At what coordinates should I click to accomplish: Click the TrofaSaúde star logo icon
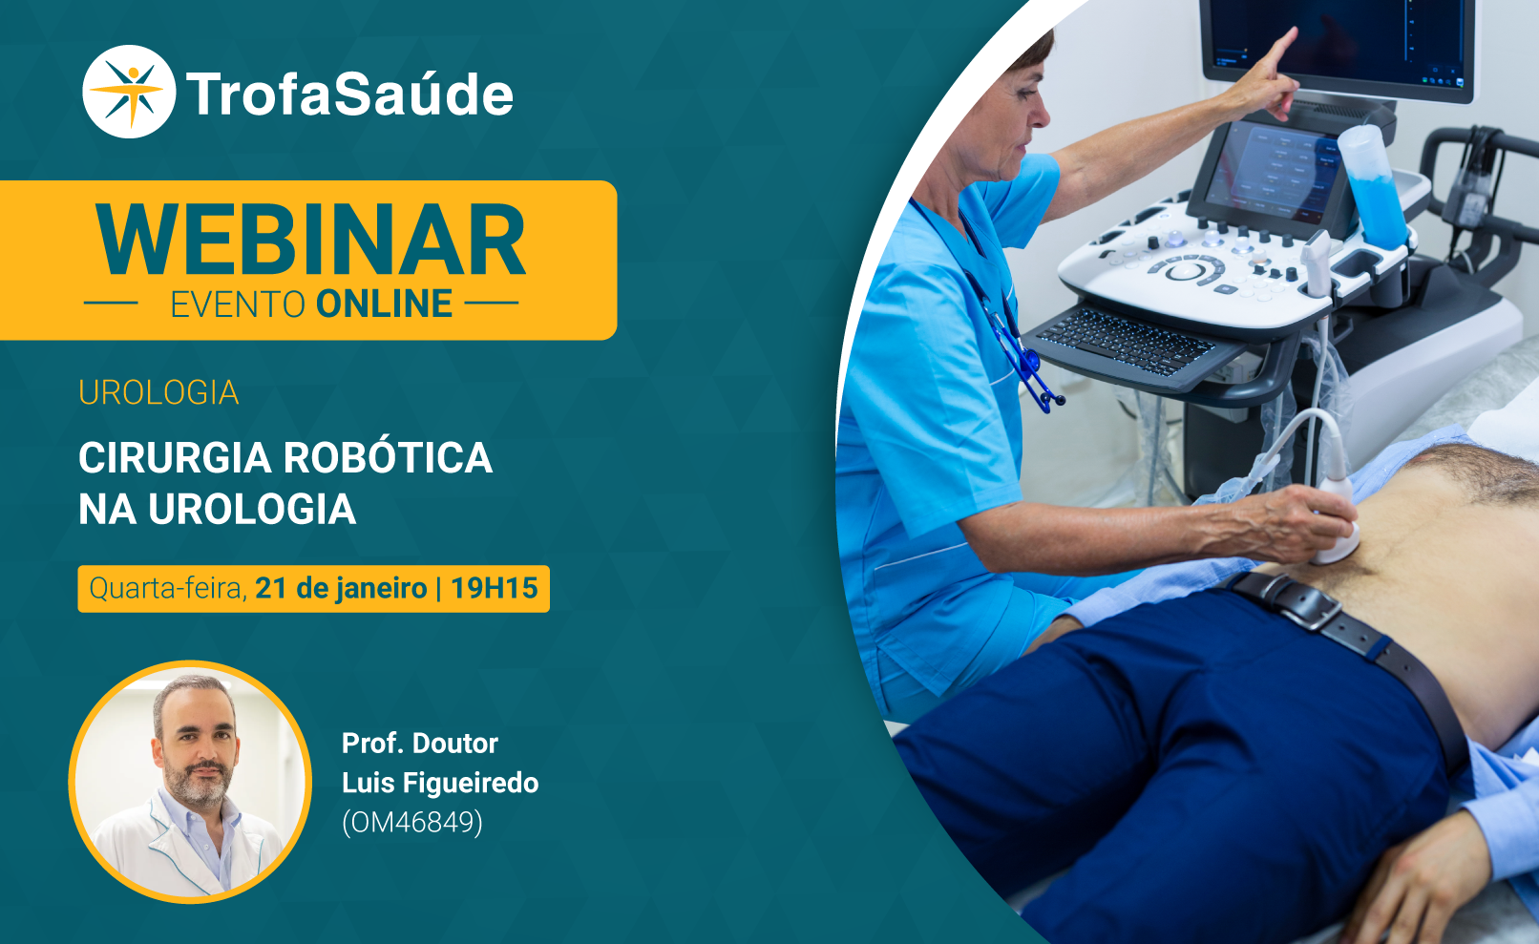click(129, 92)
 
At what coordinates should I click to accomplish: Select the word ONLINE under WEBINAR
click(384, 304)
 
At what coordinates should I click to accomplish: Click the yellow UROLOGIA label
click(158, 393)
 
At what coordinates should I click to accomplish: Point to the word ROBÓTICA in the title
click(389, 456)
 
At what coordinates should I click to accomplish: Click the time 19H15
click(494, 588)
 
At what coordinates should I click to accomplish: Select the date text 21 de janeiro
click(341, 588)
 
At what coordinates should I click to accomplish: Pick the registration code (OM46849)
click(412, 822)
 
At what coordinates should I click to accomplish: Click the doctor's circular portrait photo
click(190, 782)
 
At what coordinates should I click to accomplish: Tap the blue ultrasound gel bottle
click(1371, 186)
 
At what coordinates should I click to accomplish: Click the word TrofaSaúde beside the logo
click(349, 94)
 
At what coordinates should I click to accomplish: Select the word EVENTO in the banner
click(238, 304)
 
